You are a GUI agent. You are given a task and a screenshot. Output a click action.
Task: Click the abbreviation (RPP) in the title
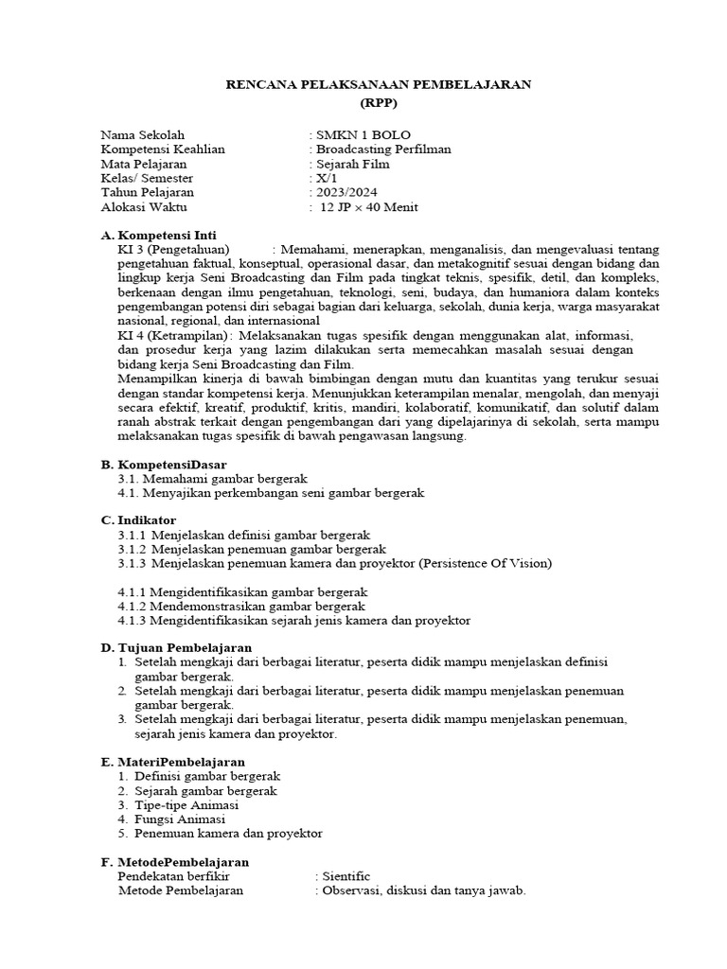tap(379, 103)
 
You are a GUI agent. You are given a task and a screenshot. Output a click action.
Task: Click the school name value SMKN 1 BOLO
tap(363, 134)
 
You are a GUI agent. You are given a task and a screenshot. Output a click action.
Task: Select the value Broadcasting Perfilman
tap(383, 149)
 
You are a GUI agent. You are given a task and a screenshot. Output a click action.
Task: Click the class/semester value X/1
tap(327, 178)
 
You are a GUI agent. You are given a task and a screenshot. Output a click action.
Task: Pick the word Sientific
tap(346, 876)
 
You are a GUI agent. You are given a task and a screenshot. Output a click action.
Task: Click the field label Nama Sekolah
tap(143, 134)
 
